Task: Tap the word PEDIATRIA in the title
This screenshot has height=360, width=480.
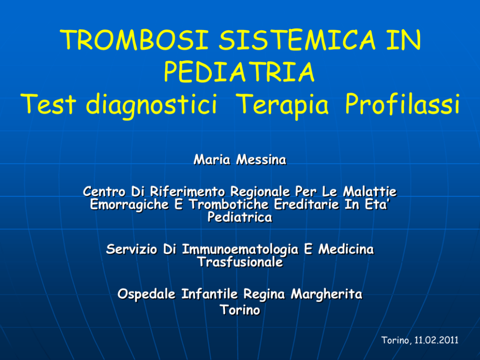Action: pyautogui.click(x=240, y=72)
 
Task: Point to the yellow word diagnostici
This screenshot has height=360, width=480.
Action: pyautogui.click(x=151, y=105)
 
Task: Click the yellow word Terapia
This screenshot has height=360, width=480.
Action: pyautogui.click(x=283, y=105)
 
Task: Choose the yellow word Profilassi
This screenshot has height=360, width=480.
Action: pyautogui.click(x=402, y=104)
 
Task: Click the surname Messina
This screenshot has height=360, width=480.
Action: pyautogui.click(x=261, y=160)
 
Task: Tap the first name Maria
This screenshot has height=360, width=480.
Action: pyautogui.click(x=212, y=160)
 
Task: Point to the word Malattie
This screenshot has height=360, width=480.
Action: pyautogui.click(x=370, y=192)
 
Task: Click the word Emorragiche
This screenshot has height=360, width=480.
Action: pyautogui.click(x=129, y=205)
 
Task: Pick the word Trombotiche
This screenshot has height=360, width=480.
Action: pyautogui.click(x=229, y=204)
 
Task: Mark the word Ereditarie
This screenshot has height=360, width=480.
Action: pyautogui.click(x=306, y=204)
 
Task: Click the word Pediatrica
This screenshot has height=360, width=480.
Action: pyautogui.click(x=240, y=217)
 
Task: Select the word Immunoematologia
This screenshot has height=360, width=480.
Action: pyautogui.click(x=240, y=250)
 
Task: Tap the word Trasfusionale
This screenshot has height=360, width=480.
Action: pyautogui.click(x=240, y=262)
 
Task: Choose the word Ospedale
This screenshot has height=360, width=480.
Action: pyautogui.click(x=146, y=294)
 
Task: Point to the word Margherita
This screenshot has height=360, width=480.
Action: pyautogui.click(x=326, y=294)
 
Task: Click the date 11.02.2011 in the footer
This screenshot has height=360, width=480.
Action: pyautogui.click(x=436, y=340)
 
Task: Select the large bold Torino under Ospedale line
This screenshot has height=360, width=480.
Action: pyautogui.click(x=240, y=310)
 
